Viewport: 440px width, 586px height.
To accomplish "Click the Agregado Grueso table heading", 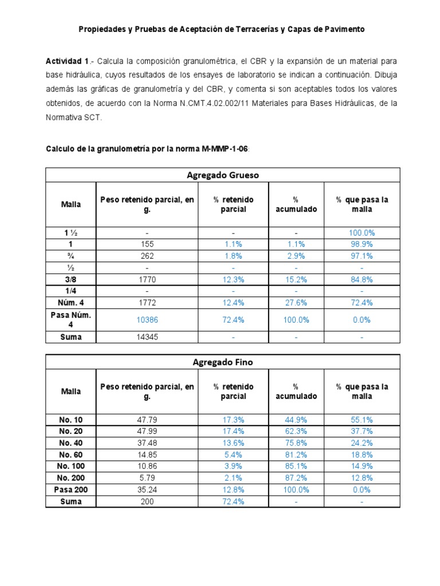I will (223, 175).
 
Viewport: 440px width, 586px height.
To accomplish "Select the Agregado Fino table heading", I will (223, 362).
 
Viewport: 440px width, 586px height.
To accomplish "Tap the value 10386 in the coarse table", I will (147, 320).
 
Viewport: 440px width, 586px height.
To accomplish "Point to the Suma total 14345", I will (147, 337).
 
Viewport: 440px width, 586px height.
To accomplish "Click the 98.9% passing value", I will (362, 243).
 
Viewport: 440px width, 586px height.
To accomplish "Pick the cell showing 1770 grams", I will (147, 279).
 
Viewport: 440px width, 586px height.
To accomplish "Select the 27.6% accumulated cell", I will (297, 302).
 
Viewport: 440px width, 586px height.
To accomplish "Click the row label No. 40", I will (71, 442).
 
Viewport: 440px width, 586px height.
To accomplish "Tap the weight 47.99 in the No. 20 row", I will (147, 431).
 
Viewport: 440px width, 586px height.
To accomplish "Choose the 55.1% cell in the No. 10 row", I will (362, 419).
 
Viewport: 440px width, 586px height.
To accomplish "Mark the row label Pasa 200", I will (71, 489).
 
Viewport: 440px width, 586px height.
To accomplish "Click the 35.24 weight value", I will (147, 489).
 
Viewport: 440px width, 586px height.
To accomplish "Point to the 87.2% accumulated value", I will (297, 477).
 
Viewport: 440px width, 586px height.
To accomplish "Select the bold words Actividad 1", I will (67, 60).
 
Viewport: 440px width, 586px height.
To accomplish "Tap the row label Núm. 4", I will (71, 302).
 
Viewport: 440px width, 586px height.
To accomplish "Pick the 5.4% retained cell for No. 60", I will (233, 454).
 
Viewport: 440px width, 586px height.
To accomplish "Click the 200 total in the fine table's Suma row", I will (147, 501).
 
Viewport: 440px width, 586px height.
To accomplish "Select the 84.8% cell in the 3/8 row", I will (362, 279).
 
